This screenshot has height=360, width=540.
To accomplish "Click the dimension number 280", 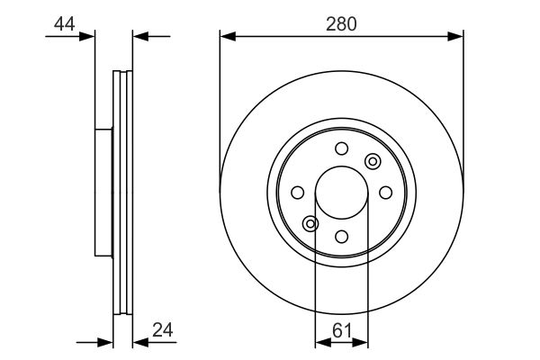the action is coord(341,24).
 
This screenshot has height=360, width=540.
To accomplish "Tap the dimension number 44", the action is coord(65,24).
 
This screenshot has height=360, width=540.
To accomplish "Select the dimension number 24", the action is coord(163,330).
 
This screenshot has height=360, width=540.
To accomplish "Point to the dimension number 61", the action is coord(342,330).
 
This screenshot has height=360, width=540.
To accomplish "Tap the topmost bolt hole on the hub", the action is coord(342,148).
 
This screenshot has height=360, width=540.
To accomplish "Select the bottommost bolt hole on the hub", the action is coord(342,237).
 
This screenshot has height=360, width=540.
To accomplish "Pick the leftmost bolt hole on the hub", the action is coord(298,193).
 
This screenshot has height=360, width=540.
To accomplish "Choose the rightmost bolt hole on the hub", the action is coord(386,193).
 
